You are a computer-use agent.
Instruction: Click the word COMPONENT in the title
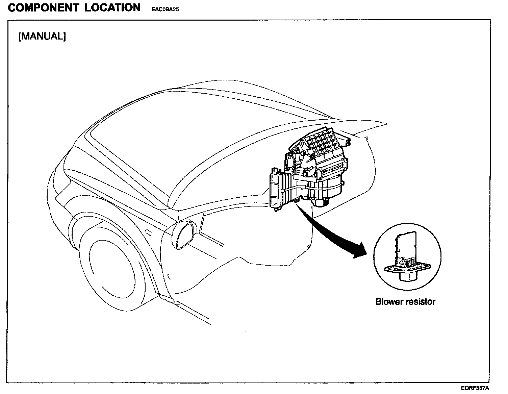[43, 8]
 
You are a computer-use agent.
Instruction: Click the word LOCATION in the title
[112, 8]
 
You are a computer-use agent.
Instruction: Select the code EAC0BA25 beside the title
[163, 9]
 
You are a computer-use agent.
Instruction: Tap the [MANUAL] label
[42, 36]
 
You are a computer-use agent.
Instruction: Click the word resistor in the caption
[421, 302]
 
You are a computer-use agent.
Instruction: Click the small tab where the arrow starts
[297, 201]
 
